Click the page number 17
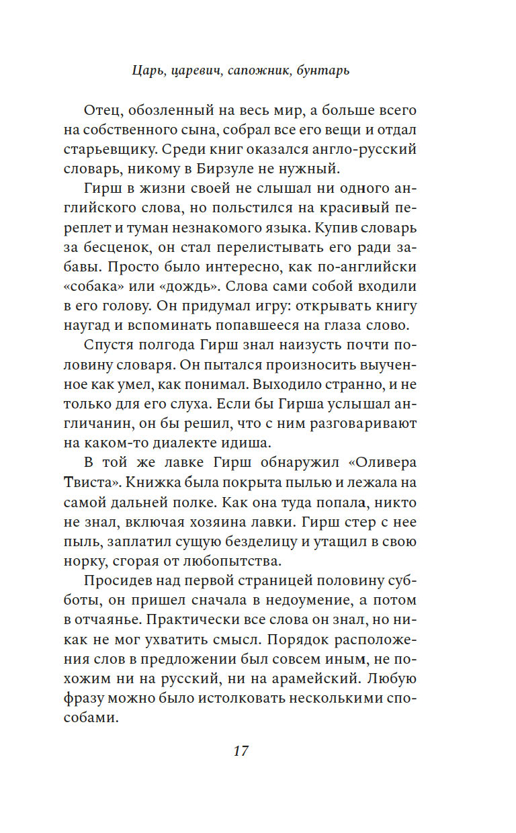[241, 751]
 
